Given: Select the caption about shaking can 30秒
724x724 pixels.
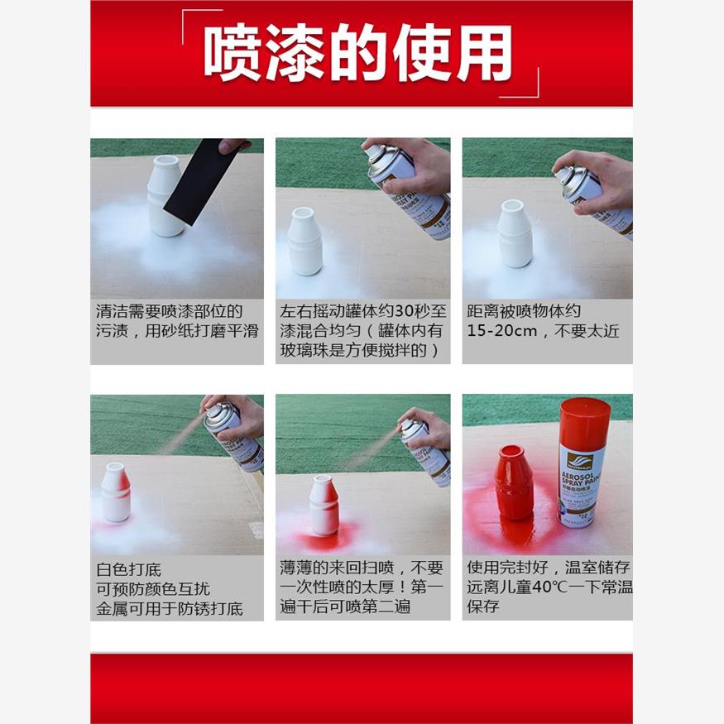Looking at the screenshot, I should point(362,331).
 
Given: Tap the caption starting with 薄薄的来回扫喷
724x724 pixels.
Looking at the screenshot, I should point(362,587).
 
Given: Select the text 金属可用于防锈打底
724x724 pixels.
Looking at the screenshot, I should point(170,609).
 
